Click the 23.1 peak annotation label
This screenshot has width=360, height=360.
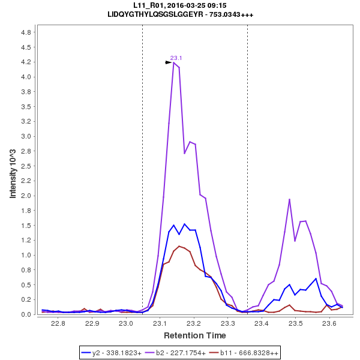pos(176,58)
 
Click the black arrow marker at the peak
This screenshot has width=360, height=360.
pos(169,62)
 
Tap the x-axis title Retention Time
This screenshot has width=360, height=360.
pos(194,335)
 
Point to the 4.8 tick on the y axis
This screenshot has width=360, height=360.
pos(26,32)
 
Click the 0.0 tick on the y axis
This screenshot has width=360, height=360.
pos(26,314)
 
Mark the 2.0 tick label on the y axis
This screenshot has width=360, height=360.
pos(26,196)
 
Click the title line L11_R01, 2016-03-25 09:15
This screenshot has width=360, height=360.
pos(179,5)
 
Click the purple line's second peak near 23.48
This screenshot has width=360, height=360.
pos(289,199)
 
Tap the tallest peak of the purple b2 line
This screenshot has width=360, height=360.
pos(173,62)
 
